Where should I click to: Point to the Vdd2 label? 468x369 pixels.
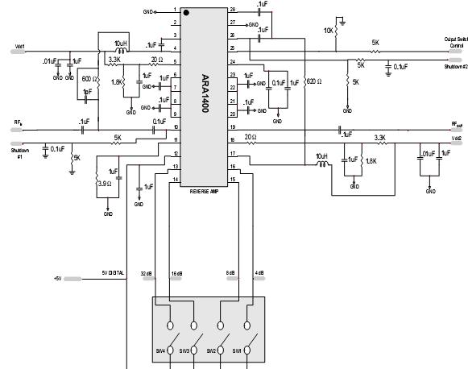coord(456,139)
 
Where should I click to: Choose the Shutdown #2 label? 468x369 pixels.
coord(455,67)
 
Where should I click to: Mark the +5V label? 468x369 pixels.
coord(58,279)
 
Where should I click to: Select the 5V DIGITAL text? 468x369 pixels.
coord(113,274)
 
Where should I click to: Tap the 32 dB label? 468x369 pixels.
coord(147,274)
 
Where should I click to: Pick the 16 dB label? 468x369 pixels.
coord(176,274)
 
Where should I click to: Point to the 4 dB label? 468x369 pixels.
coord(260,274)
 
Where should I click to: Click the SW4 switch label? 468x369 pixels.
coord(159,350)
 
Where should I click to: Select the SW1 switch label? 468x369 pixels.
coord(236,350)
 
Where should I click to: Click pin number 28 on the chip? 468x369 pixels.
coord(232,10)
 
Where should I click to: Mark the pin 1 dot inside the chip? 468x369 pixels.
coord(185,14)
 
